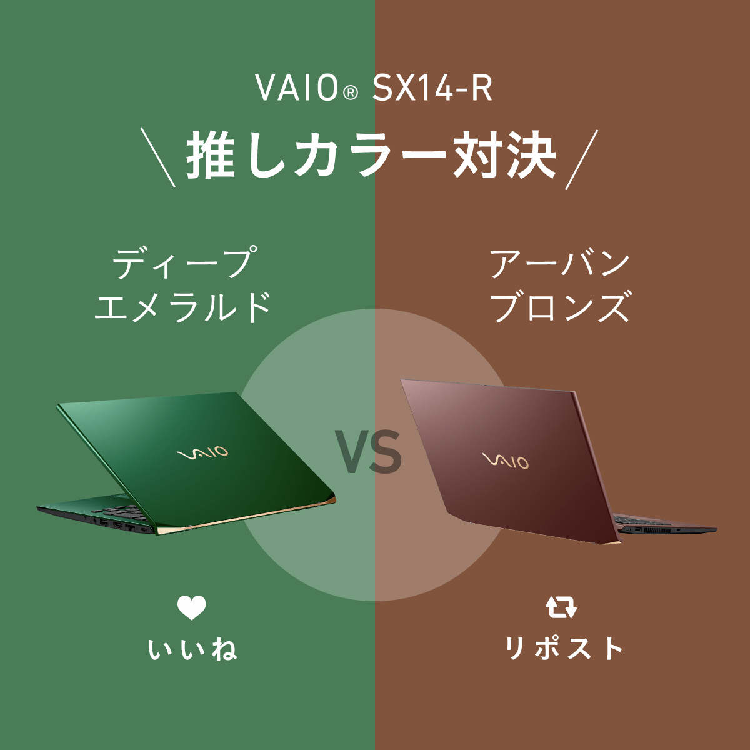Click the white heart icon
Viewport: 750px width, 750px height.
pos(191,608)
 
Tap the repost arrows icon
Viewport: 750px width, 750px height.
pos(561,607)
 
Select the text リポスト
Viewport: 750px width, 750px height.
pos(564,649)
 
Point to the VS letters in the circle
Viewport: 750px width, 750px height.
pos(368,452)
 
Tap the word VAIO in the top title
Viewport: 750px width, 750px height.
pos(297,88)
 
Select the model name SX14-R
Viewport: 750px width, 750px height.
pos(432,88)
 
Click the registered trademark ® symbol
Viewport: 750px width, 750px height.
pos(351,93)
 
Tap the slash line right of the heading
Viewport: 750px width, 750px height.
pos(581,159)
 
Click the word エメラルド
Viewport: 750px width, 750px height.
pos(183,307)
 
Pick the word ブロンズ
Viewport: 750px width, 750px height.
pos(559,307)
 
